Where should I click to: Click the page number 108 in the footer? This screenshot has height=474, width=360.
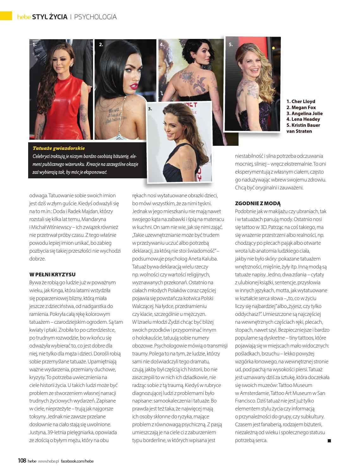coord(22,461)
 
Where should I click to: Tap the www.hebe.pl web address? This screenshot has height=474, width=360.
coord(48,461)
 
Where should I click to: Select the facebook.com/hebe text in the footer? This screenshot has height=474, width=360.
coord(77,461)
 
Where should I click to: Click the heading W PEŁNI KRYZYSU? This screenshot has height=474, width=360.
coord(53,274)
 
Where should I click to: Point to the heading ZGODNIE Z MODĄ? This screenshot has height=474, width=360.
coord(258,203)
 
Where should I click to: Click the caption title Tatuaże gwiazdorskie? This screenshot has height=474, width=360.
coord(59,148)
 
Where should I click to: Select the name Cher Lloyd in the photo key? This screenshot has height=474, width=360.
coord(301,101)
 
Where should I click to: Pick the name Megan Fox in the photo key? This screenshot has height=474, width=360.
coord(301,107)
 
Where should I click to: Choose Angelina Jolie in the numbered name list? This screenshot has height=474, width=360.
coord(304,113)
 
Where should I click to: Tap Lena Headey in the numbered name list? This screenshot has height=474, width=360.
coord(303,119)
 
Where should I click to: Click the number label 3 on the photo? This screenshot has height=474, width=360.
coord(150,109)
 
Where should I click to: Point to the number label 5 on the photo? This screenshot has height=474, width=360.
coord(230,45)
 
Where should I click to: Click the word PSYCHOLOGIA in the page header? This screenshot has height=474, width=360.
coord(95,17)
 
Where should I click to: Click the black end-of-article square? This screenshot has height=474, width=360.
coord(329,440)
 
